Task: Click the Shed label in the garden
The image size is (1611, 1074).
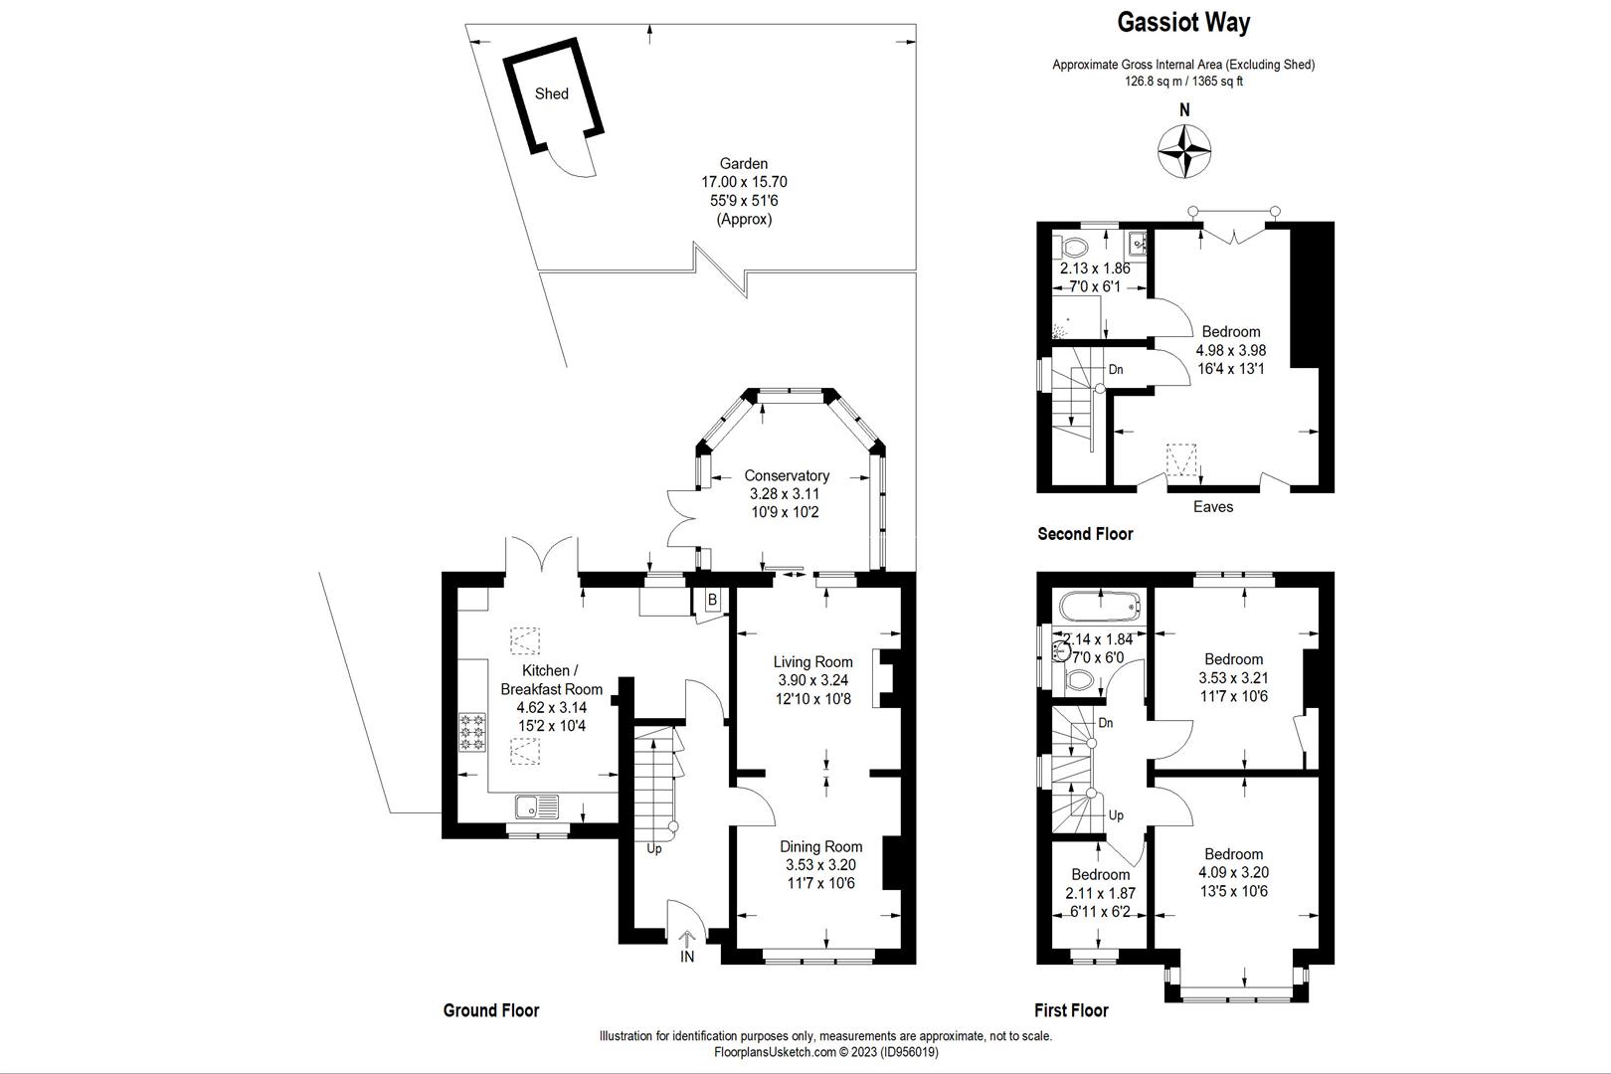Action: click(552, 93)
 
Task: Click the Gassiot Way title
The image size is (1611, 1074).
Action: click(1183, 23)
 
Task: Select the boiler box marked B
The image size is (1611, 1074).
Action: click(712, 601)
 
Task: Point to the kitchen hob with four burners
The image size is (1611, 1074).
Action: click(472, 731)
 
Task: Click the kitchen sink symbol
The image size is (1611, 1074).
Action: click(537, 805)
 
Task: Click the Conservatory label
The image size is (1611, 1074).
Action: click(787, 476)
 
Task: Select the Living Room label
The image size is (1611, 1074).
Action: click(813, 662)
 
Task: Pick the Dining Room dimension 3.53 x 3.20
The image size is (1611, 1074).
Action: click(820, 865)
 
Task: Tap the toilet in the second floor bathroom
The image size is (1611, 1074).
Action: click(1075, 245)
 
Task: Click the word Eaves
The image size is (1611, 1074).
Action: click(1213, 507)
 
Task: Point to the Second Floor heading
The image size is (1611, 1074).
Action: click(1085, 534)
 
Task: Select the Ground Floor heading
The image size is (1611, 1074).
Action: click(490, 1010)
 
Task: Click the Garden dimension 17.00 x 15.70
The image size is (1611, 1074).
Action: click(744, 182)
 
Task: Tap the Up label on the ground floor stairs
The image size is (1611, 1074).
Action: click(654, 849)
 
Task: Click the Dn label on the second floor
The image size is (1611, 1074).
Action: click(1116, 369)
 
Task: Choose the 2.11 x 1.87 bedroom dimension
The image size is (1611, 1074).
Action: click(1100, 893)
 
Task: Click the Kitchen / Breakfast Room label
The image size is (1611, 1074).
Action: click(551, 680)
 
